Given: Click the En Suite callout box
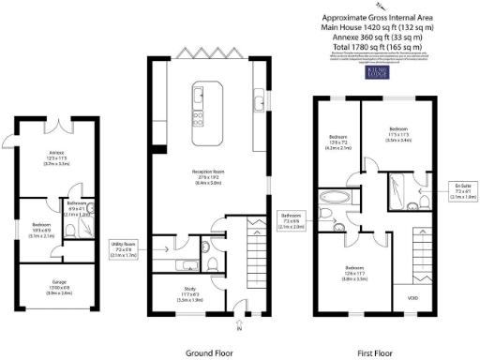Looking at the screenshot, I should (460, 192).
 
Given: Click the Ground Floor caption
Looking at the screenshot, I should (210, 352).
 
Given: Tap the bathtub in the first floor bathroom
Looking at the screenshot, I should (332, 198).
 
